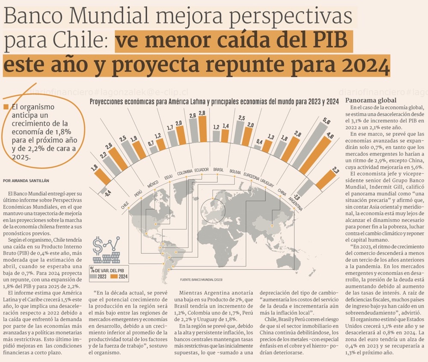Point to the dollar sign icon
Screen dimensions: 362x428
point(98,246)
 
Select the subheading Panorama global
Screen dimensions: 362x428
point(367,100)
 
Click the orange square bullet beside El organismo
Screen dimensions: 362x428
point(5,107)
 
